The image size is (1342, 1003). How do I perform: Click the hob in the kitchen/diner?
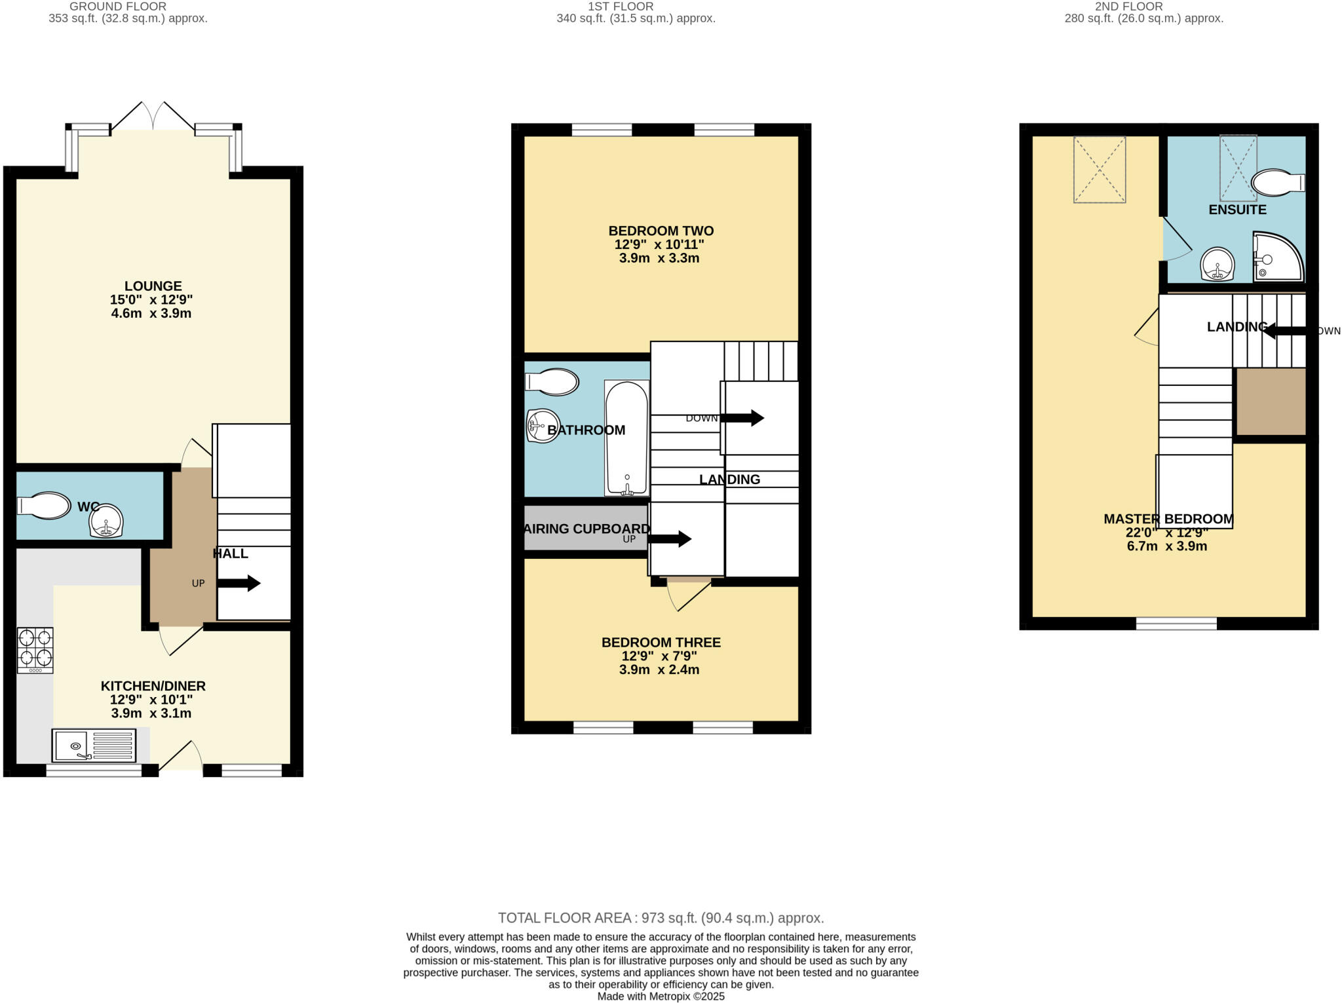(x=35, y=650)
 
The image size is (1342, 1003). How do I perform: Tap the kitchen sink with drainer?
(x=94, y=746)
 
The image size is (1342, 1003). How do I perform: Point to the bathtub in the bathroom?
(x=627, y=438)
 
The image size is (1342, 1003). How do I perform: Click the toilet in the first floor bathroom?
(x=552, y=382)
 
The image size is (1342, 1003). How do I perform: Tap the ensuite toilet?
(x=1276, y=183)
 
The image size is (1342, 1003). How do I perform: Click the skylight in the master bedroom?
(x=1099, y=170)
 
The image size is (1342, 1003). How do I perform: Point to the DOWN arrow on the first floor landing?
(x=742, y=418)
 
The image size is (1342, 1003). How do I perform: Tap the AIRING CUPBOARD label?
(x=587, y=529)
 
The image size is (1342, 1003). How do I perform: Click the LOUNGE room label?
(x=153, y=286)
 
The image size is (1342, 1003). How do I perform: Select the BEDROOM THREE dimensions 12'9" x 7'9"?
(x=659, y=656)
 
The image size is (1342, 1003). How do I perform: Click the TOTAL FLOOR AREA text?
(x=661, y=918)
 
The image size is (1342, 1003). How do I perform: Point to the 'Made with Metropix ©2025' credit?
(x=661, y=996)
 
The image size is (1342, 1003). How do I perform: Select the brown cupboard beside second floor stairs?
(x=1270, y=402)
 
